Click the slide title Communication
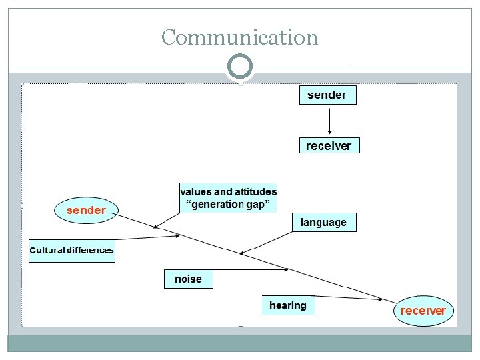(239, 37)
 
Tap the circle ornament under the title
(240, 67)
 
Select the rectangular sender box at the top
(327, 95)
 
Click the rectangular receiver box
(329, 145)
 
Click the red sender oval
(86, 211)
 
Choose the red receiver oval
(423, 311)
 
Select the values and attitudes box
(228, 197)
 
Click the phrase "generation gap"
(228, 205)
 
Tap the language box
(324, 222)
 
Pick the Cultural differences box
(72, 251)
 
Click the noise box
(189, 279)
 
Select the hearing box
(288, 305)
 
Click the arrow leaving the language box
(267, 242)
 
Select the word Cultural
(47, 251)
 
